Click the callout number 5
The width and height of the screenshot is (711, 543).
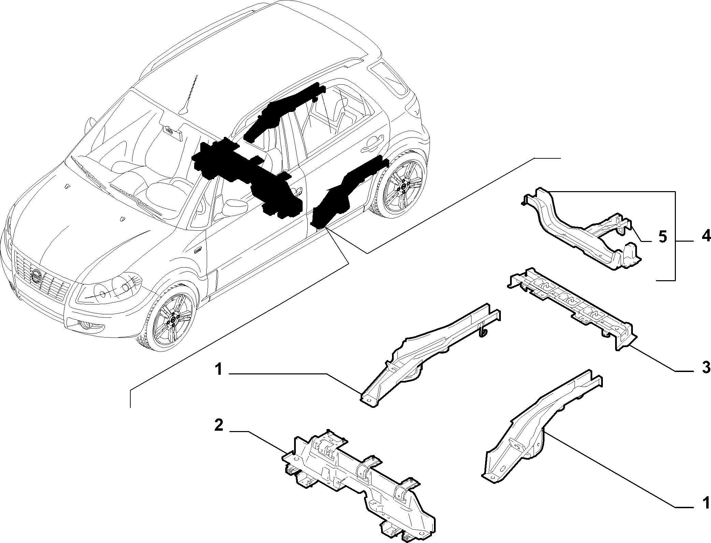pos(662,237)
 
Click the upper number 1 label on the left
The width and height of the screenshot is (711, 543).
pos(219,370)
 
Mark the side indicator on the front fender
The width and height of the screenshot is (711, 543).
pos(198,251)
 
